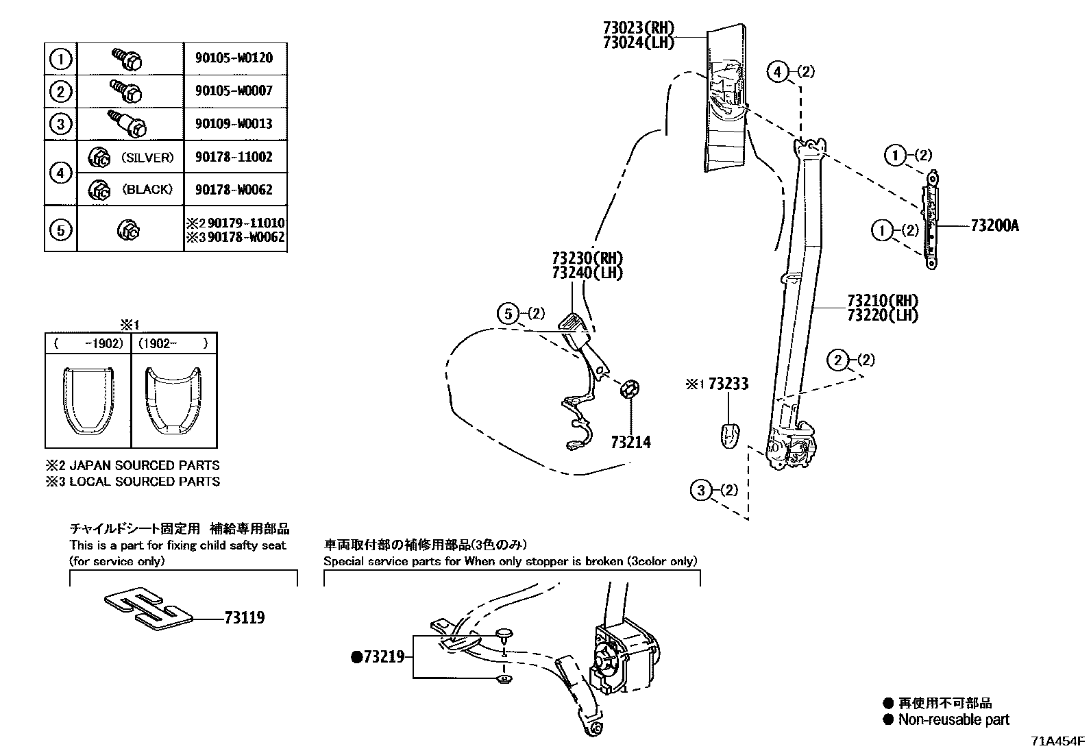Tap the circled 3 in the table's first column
pos(61,124)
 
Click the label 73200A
pos(994,225)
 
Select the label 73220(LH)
pos(883,315)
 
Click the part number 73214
pos(630,443)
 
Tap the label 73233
pos(728,384)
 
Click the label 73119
pos(244,618)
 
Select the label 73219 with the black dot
pos(380,657)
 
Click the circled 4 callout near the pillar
pos(777,71)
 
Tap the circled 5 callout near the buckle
pos(508,314)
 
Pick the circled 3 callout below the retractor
pos(700,490)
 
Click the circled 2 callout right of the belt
pos(838,360)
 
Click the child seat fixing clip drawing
pos(147,607)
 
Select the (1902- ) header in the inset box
pos(173,343)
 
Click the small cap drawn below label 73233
pos(730,434)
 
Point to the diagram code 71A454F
pos(1059,741)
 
